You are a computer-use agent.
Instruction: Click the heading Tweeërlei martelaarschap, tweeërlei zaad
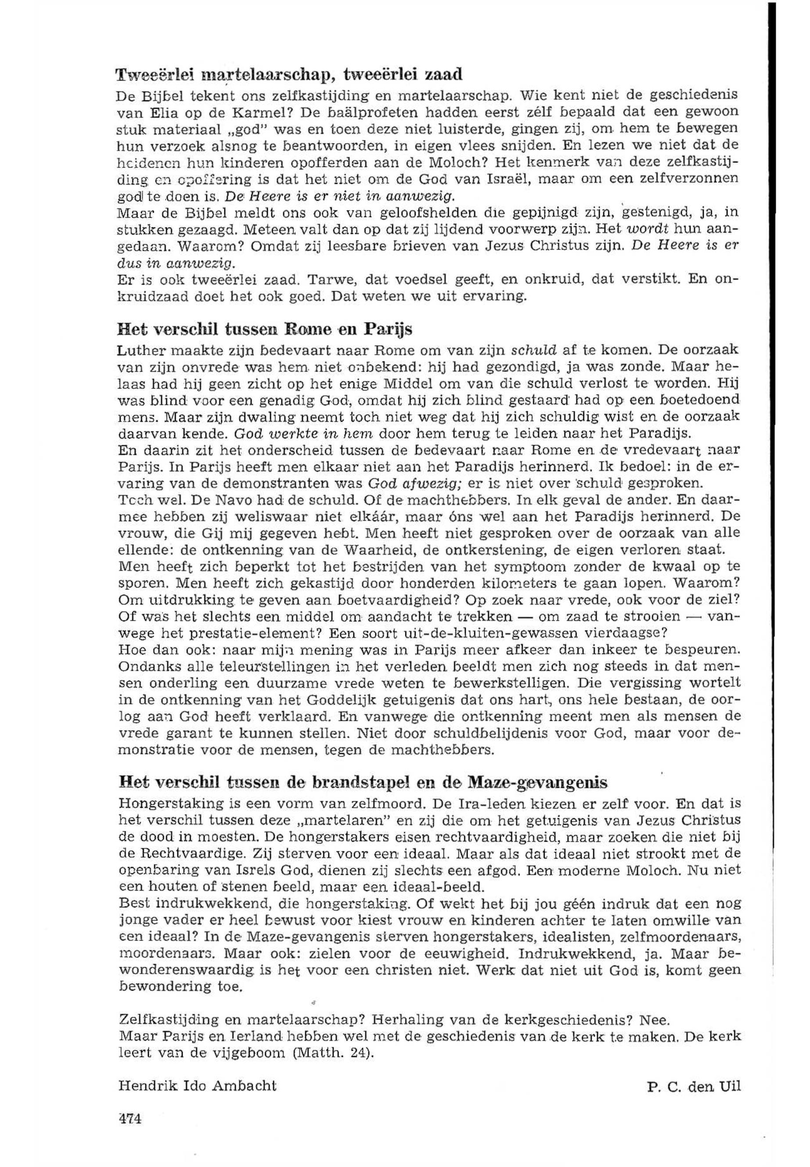[289, 75]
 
